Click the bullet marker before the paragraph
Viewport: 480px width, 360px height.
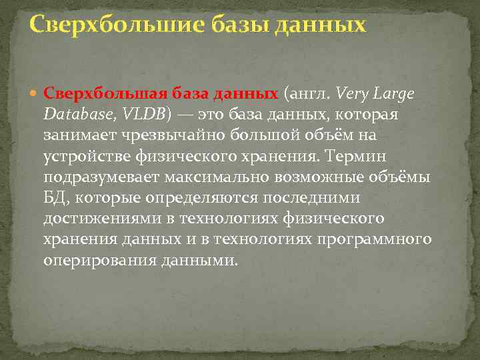coord(35,94)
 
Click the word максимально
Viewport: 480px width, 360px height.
coord(211,177)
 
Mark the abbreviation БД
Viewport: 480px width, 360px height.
coord(55,198)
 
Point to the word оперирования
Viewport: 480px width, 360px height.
coord(100,260)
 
